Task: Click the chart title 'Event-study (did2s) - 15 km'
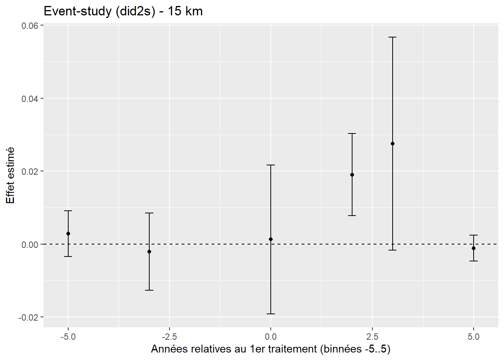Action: point(123,11)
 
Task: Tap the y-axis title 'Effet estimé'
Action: point(10,175)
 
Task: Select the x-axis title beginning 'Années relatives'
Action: point(271,349)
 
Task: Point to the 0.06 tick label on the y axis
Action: point(30,25)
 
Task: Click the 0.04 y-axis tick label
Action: point(30,99)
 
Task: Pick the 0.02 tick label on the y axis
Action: point(30,171)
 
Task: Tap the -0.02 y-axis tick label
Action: point(28,317)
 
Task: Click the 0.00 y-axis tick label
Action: point(30,244)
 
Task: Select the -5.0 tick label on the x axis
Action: point(68,337)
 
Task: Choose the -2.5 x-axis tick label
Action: point(169,337)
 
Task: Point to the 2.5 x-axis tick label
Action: point(372,337)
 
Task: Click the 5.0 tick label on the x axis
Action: point(474,337)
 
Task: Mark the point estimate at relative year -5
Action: point(68,234)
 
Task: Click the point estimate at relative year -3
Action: point(149,252)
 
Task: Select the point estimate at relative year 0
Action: point(271,239)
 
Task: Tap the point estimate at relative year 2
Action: point(352,175)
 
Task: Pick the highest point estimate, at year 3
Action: point(393,144)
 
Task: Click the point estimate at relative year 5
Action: point(474,248)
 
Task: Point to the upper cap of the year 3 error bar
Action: point(393,37)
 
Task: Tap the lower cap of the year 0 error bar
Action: point(271,314)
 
